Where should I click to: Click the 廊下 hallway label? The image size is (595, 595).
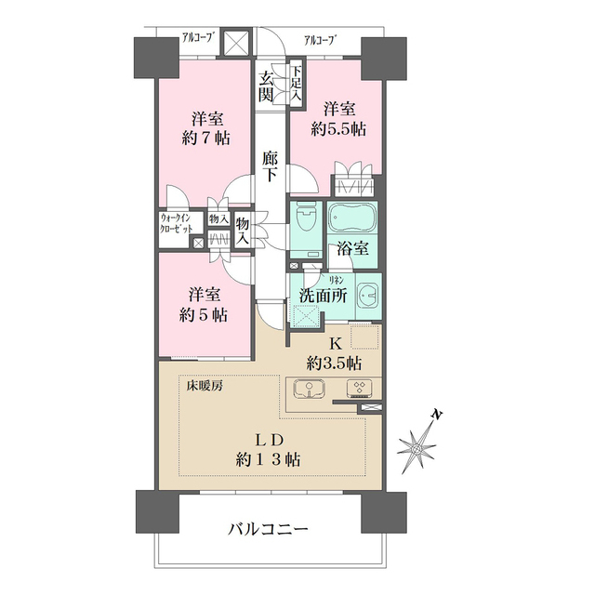[271, 166]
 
